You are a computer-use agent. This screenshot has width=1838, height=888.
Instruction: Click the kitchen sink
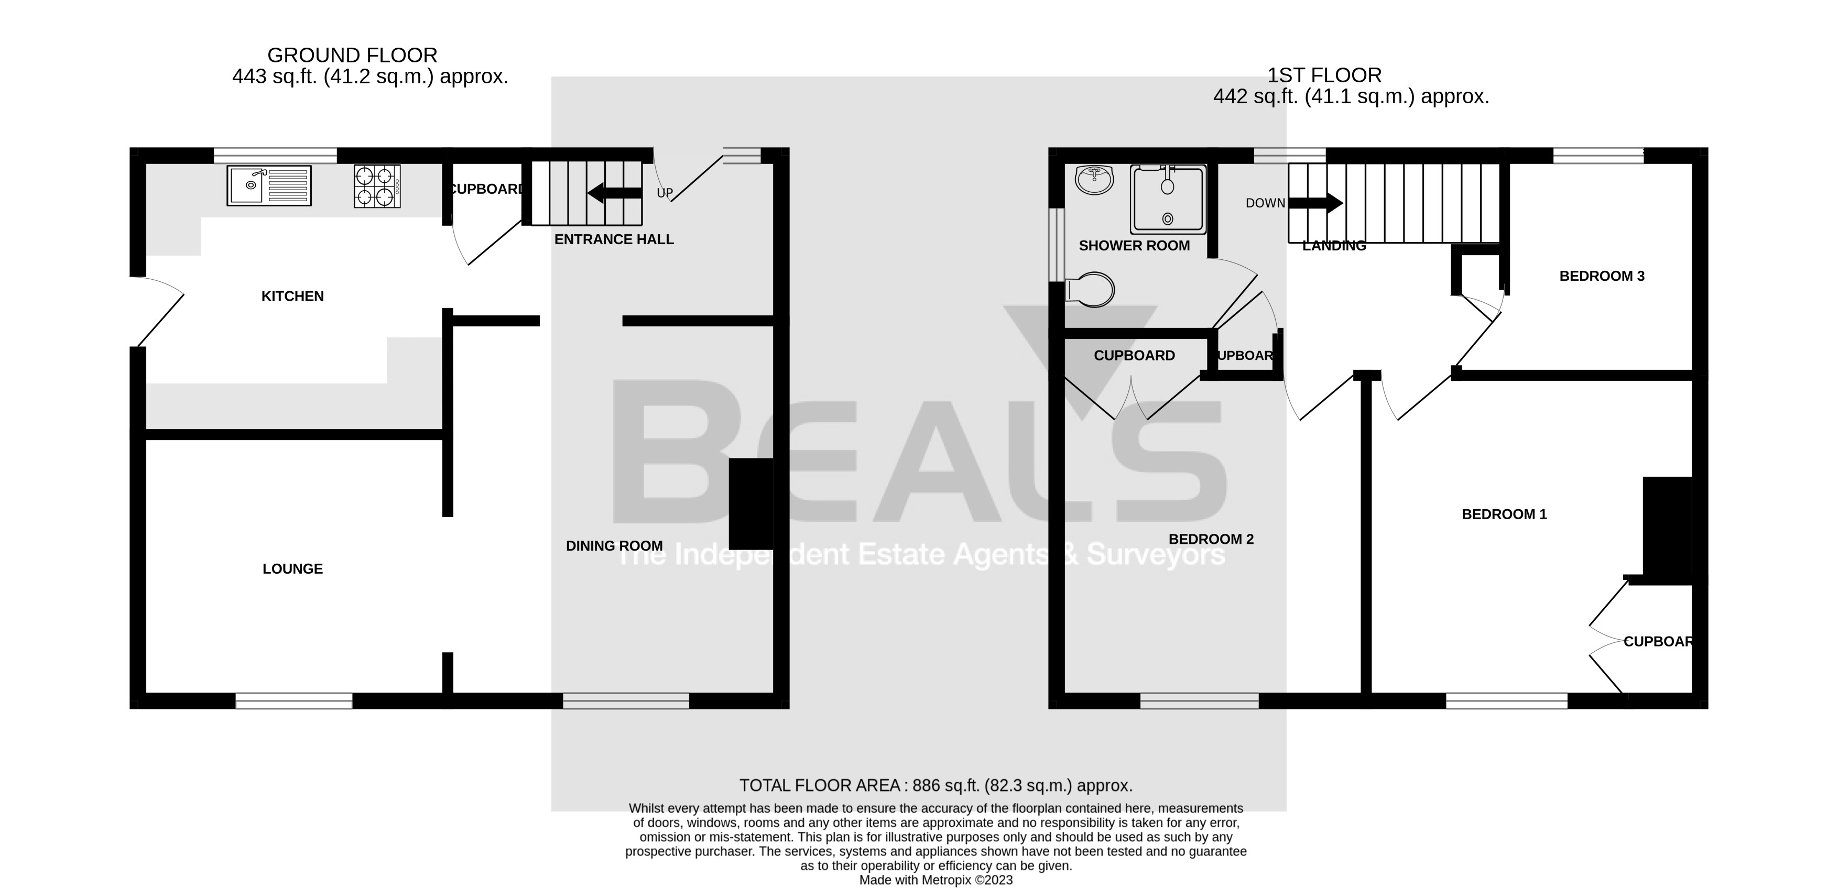point(269,185)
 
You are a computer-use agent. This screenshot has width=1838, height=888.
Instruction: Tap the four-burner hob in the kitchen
point(377,186)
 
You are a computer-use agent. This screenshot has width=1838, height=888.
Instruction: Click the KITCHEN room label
point(292,296)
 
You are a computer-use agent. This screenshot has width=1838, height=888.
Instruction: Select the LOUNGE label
point(292,568)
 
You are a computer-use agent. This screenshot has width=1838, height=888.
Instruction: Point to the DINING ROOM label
point(614,546)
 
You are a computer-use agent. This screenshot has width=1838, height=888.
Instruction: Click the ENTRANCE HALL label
point(614,239)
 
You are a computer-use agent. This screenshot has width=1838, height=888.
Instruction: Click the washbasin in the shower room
point(1094,180)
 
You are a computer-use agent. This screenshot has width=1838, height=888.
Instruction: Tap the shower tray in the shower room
point(1168,200)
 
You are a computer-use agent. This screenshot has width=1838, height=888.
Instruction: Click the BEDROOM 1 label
point(1504,514)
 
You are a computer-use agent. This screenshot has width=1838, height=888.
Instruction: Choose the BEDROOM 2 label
point(1211,539)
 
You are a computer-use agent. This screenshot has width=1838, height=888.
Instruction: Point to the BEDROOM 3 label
point(1602,276)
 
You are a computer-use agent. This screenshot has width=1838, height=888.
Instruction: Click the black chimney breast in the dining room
point(751,503)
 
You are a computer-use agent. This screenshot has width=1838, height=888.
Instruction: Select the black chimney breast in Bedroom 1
point(1668,528)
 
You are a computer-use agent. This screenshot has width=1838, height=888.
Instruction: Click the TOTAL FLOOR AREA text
point(936,785)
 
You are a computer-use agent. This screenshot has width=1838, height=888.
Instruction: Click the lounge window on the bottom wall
point(294,701)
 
